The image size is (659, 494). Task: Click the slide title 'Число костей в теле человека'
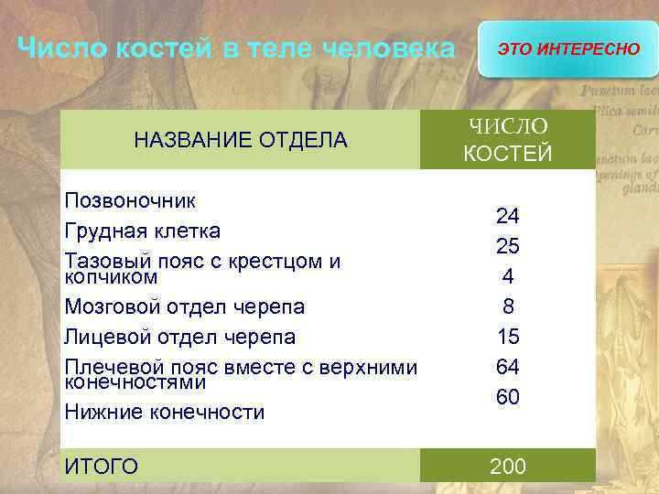point(236,48)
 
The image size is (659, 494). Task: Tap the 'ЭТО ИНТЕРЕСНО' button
point(568,48)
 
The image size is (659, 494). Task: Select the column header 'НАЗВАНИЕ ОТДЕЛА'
point(241,140)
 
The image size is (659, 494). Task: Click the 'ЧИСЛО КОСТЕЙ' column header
point(508,139)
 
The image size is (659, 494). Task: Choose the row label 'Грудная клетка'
point(143,230)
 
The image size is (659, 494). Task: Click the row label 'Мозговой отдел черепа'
point(185,306)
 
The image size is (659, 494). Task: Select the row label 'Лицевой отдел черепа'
point(180,337)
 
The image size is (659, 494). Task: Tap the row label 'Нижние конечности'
point(165,413)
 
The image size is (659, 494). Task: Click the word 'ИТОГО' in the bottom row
point(102,467)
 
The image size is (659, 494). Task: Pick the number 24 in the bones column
point(508,216)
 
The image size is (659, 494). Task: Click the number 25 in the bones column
point(508,246)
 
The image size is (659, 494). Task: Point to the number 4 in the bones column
point(508,276)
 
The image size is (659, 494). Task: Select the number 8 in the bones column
point(508,306)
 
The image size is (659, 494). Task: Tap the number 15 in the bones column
point(508,337)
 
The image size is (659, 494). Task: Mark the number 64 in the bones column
point(508,367)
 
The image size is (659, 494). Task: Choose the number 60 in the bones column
point(508,397)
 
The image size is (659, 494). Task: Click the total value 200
point(508,467)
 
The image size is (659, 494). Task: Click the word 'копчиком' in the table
point(111,276)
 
